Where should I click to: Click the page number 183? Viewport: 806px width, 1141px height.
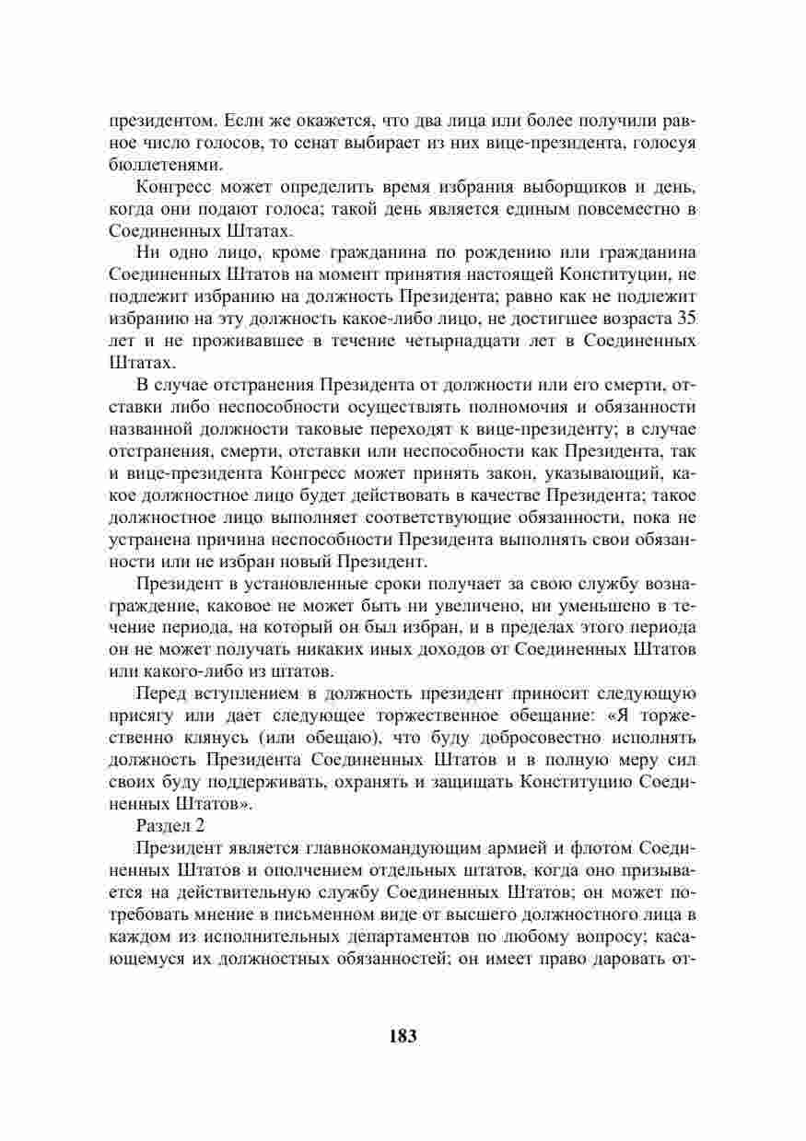click(x=403, y=1036)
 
